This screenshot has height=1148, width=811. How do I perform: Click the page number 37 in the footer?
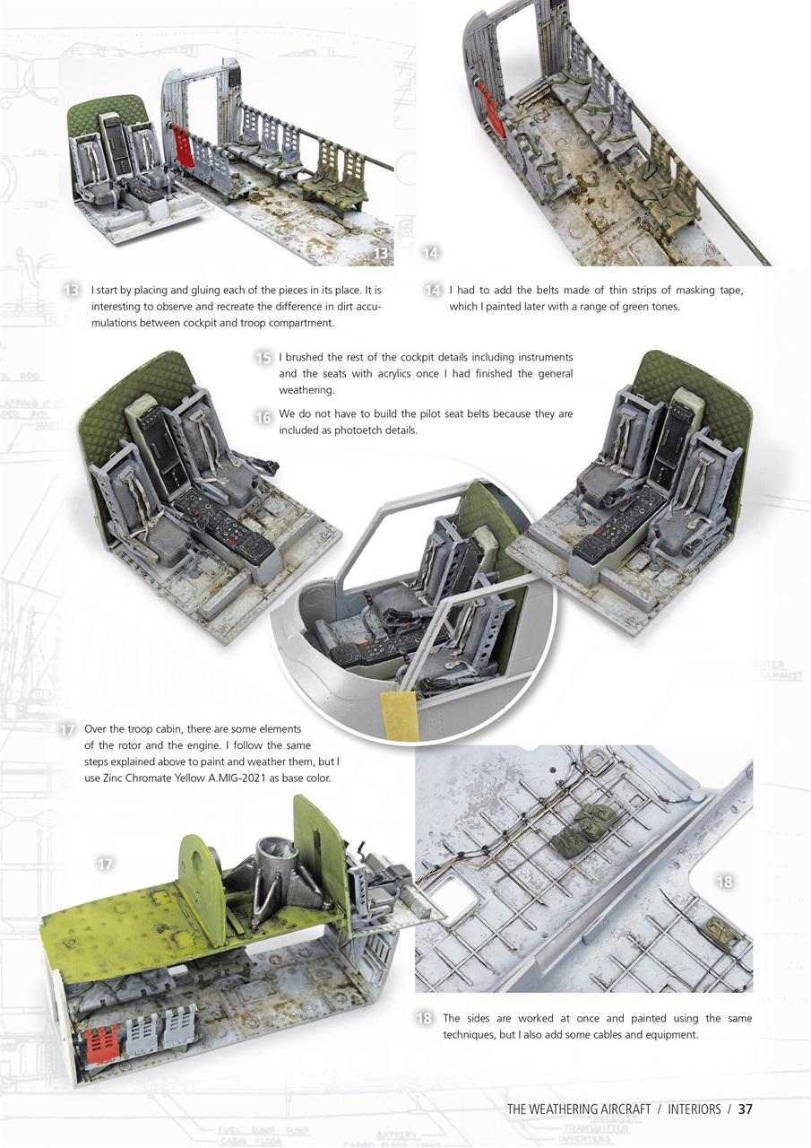pyautogui.click(x=744, y=1109)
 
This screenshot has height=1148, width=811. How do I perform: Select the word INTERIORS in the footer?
pyautogui.click(x=694, y=1109)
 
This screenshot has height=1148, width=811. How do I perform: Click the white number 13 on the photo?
pyautogui.click(x=381, y=254)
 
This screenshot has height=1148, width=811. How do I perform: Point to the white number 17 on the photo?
pyautogui.click(x=105, y=864)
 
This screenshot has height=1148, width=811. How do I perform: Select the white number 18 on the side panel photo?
pyautogui.click(x=724, y=882)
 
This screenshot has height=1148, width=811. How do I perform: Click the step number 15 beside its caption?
pyautogui.click(x=263, y=358)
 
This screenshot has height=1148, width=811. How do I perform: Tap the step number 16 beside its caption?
pyautogui.click(x=263, y=418)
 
